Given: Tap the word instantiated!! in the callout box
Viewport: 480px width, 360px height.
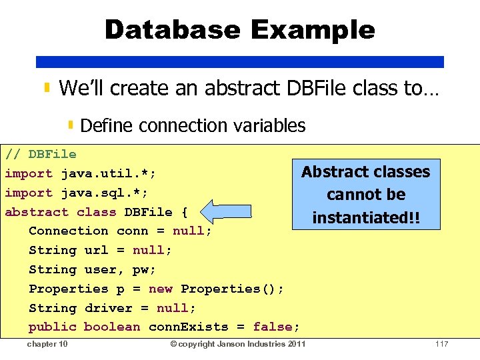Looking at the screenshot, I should click(x=366, y=217).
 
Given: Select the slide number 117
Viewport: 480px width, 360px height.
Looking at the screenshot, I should click(x=441, y=344).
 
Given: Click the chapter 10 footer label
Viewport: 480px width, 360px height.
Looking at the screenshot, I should click(x=47, y=344).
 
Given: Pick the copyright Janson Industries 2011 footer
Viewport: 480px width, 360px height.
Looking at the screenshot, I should click(x=238, y=344).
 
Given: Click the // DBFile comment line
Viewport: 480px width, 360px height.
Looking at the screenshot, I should click(x=41, y=154).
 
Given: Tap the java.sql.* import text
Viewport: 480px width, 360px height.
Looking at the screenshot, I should click(x=104, y=193).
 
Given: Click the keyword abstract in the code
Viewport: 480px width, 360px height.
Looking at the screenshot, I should click(x=37, y=212).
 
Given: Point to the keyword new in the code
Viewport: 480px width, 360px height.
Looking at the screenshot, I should click(x=160, y=289).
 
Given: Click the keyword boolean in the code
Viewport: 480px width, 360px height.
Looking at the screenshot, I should click(x=112, y=327).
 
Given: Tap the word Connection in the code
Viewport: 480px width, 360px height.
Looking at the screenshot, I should click(x=68, y=231).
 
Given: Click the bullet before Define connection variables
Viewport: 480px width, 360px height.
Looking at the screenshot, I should click(x=71, y=125).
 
